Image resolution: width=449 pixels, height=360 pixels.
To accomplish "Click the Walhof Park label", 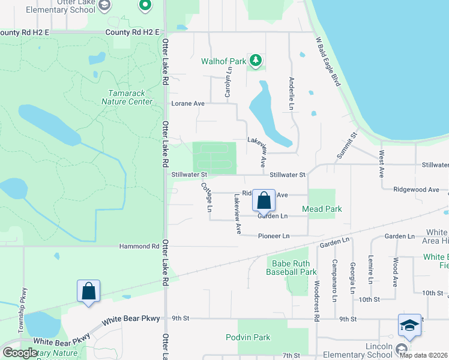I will [x=223, y=61].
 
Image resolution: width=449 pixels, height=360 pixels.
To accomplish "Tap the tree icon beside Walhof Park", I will [x=256, y=59].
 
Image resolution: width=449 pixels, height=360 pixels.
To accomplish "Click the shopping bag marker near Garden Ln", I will [x=264, y=201].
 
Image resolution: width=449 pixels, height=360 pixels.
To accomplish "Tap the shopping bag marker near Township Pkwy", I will [x=88, y=291].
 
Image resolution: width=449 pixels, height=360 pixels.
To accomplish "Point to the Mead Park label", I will [x=322, y=209].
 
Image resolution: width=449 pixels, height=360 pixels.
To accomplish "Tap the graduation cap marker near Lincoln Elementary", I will [x=409, y=326].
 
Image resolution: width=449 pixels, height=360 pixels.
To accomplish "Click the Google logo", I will [x=20, y=352].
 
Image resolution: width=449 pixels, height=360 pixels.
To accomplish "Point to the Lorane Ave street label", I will [x=188, y=103].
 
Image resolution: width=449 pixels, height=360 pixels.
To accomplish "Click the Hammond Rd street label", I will [x=139, y=246].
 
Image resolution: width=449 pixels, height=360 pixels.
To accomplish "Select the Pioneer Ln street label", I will [x=273, y=236].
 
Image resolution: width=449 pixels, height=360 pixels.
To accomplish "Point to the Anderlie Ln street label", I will [x=292, y=93].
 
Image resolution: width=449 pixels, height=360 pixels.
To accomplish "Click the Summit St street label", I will [x=346, y=145].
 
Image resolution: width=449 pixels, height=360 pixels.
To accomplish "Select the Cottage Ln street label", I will [x=206, y=197].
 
